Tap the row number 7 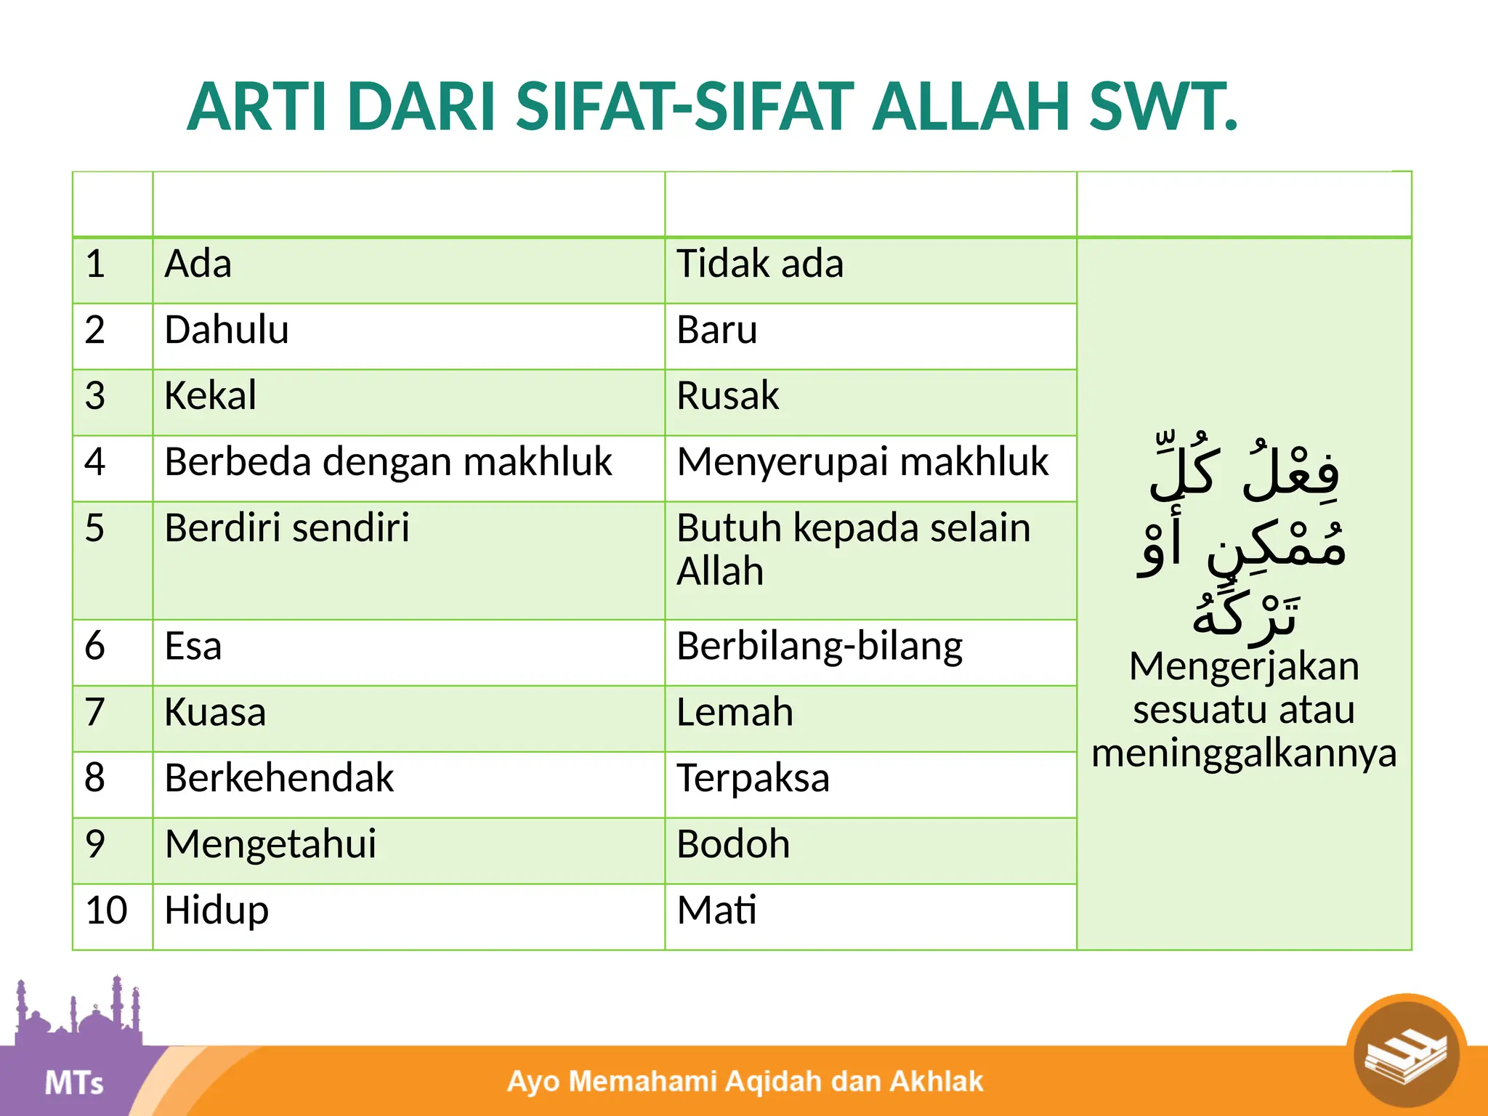(x=95, y=712)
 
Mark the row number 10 (x=106, y=910)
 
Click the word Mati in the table (x=716, y=910)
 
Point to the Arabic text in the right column (x=1243, y=541)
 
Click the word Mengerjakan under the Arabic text (x=1244, y=666)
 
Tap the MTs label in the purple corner (x=74, y=1083)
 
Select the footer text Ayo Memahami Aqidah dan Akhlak (x=745, y=1081)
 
